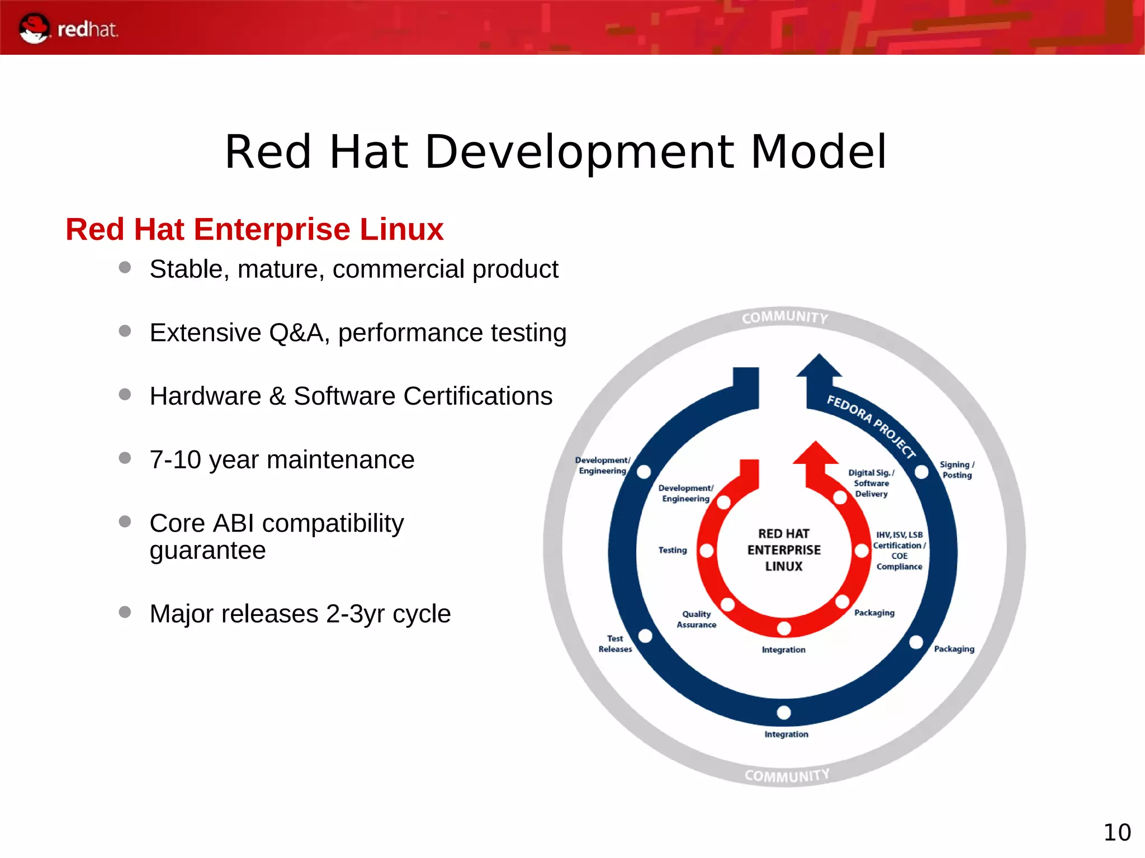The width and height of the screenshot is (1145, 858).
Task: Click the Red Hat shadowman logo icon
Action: (34, 29)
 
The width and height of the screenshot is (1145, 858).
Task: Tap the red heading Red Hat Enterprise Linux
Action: (254, 229)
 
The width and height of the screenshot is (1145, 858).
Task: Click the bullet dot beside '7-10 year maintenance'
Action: (125, 458)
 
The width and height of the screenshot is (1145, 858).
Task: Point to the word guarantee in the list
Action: (207, 551)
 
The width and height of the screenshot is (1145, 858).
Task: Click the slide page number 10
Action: (1116, 832)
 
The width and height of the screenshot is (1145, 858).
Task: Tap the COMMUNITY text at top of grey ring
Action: (785, 317)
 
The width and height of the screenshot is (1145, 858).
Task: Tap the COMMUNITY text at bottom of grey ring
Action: (787, 776)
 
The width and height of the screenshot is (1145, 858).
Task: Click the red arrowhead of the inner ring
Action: (816, 454)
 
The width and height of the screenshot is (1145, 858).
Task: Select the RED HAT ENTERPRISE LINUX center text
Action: (784, 550)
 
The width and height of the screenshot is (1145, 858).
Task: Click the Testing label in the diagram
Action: (672, 550)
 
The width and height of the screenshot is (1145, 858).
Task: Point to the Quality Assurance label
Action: (696, 619)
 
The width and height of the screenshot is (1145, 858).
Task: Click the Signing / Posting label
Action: (957, 470)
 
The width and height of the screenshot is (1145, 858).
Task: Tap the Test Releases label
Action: (615, 643)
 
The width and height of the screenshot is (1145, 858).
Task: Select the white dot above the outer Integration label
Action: (784, 713)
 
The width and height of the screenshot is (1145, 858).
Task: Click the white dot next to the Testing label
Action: (707, 551)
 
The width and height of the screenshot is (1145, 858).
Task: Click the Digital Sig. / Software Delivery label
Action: (871, 483)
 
